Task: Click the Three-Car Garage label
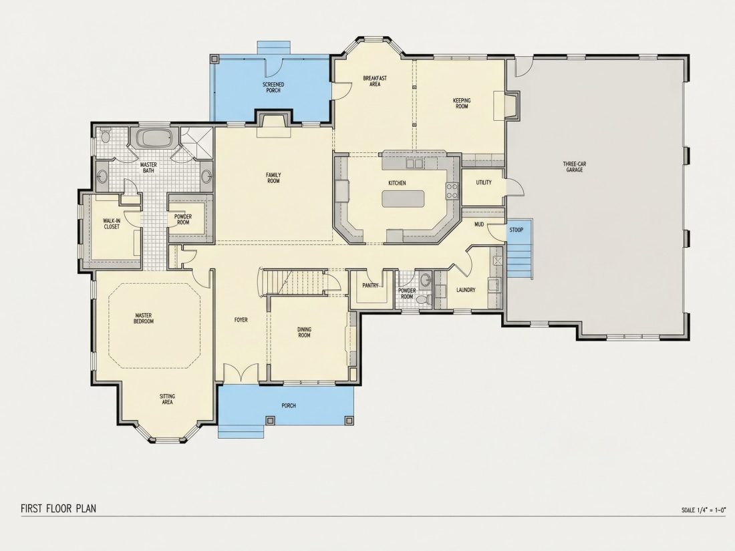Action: (x=574, y=167)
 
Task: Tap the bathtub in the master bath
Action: (x=154, y=138)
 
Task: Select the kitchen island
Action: (x=403, y=198)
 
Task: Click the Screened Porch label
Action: (x=273, y=87)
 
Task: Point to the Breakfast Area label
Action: (x=375, y=81)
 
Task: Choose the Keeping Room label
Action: (x=462, y=103)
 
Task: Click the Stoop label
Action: (x=517, y=230)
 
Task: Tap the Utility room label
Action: (x=484, y=182)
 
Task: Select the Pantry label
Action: (x=370, y=285)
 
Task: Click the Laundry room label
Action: (x=466, y=290)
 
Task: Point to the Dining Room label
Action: (x=304, y=332)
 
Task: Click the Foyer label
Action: (x=241, y=320)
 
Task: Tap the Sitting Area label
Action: (x=167, y=399)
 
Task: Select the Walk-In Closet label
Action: (x=111, y=224)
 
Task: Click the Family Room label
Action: (x=273, y=178)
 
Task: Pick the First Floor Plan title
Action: (x=59, y=508)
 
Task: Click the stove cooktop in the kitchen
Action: (x=452, y=191)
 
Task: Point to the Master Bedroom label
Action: (x=144, y=318)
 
